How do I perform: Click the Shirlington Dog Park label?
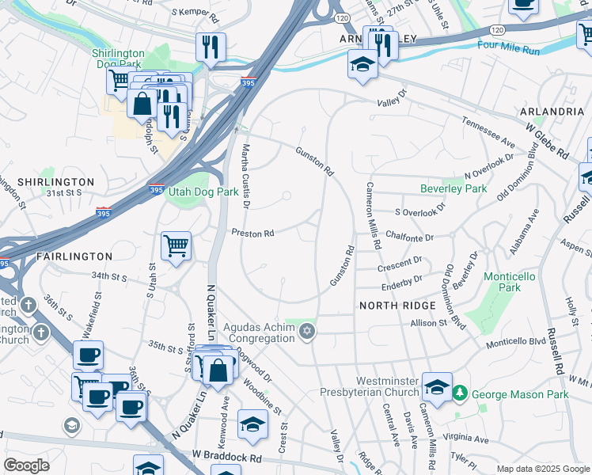pyautogui.click(x=122, y=60)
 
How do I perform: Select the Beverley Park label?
pyautogui.click(x=453, y=189)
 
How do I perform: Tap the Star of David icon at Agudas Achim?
pyautogui.click(x=308, y=332)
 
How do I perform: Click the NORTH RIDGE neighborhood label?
pyautogui.click(x=397, y=306)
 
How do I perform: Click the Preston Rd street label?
pyautogui.click(x=252, y=234)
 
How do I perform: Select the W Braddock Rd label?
pyautogui.click(x=226, y=458)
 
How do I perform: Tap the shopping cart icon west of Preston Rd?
pyautogui.click(x=175, y=245)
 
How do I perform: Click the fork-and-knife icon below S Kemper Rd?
pyautogui.click(x=211, y=47)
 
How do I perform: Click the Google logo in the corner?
pyautogui.click(x=26, y=465)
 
